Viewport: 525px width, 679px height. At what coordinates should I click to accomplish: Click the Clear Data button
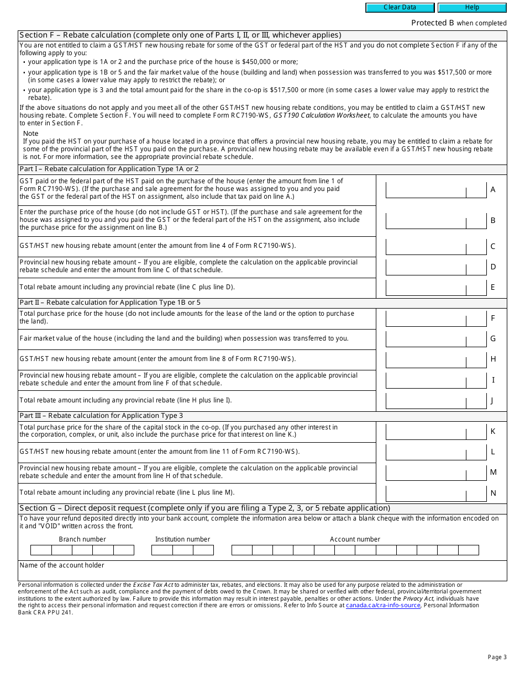point(400,8)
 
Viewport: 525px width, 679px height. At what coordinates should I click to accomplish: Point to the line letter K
point(493,431)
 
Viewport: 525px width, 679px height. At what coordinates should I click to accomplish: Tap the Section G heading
point(204,508)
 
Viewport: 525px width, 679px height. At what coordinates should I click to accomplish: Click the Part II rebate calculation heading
point(110,303)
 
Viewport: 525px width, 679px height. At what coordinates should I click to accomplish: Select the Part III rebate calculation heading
point(101,416)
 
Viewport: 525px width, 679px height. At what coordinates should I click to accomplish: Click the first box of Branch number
point(41,550)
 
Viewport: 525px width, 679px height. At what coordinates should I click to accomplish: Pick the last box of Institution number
point(203,550)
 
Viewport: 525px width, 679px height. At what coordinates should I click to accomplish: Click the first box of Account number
point(242,550)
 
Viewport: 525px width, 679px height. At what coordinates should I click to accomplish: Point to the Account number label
point(355,539)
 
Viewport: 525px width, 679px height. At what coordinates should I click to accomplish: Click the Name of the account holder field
point(262,572)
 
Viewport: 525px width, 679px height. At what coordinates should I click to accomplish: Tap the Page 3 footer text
point(497,657)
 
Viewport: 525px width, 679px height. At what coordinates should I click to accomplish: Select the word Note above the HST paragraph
point(31,134)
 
